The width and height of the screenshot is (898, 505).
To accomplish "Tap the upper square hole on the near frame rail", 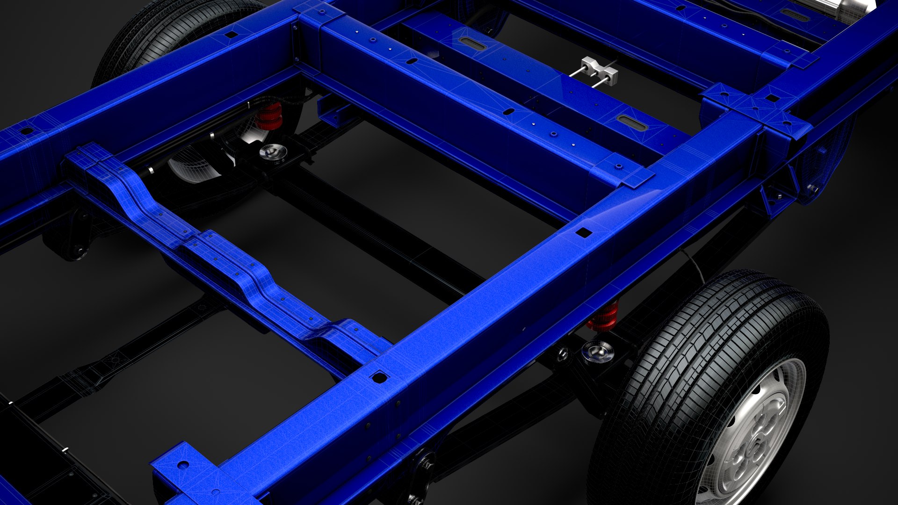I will (583, 232).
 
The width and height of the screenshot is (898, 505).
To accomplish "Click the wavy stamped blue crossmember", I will (224, 252).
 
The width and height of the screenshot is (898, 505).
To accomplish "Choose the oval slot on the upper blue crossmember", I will (471, 43).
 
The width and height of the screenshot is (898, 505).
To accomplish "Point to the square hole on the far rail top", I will (230, 35).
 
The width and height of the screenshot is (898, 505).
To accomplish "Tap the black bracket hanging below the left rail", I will (70, 238).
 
